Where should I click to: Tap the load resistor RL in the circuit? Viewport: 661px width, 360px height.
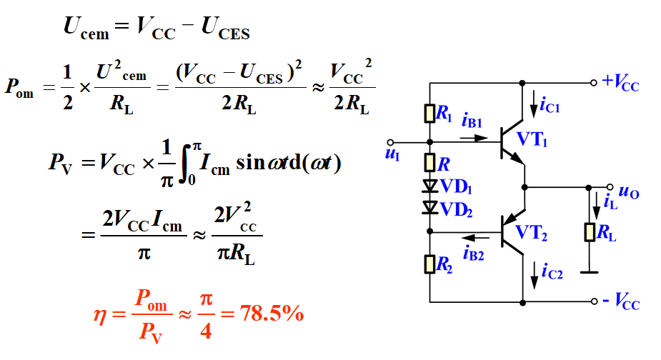[x=590, y=232]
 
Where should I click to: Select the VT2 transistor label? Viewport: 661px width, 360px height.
[x=532, y=231]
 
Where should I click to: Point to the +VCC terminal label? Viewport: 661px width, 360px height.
[x=620, y=83]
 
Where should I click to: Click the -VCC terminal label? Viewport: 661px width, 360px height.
[x=620, y=302]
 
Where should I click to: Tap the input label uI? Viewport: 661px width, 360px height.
[x=392, y=154]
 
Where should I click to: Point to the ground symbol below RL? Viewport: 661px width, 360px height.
[x=590, y=271]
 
